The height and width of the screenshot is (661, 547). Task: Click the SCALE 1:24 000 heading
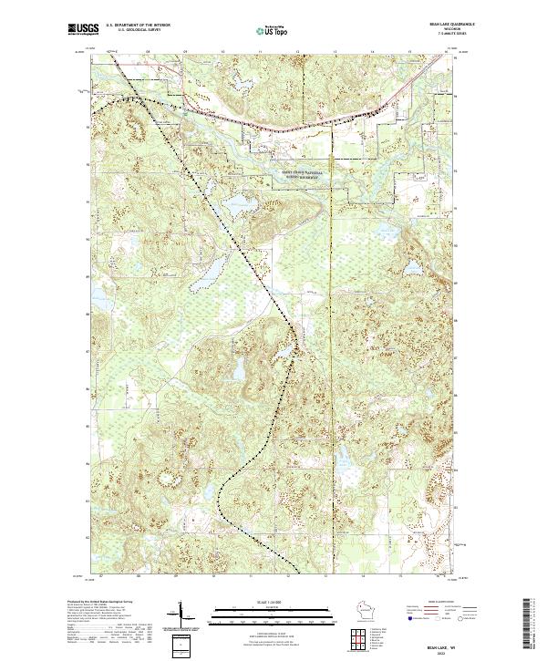273,604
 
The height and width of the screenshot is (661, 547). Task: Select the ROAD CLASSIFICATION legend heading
440,604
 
